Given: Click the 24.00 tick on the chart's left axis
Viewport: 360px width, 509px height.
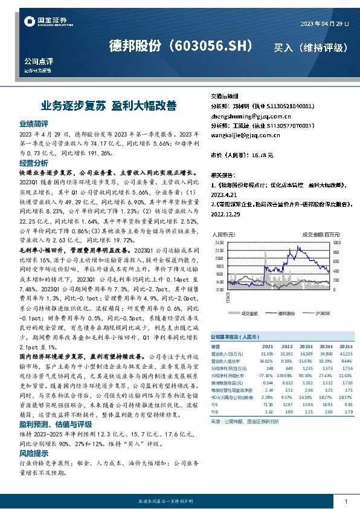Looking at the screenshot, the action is pyautogui.click(x=218, y=241).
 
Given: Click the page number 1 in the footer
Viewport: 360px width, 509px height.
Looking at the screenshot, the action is pyautogui.click(x=345, y=502).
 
